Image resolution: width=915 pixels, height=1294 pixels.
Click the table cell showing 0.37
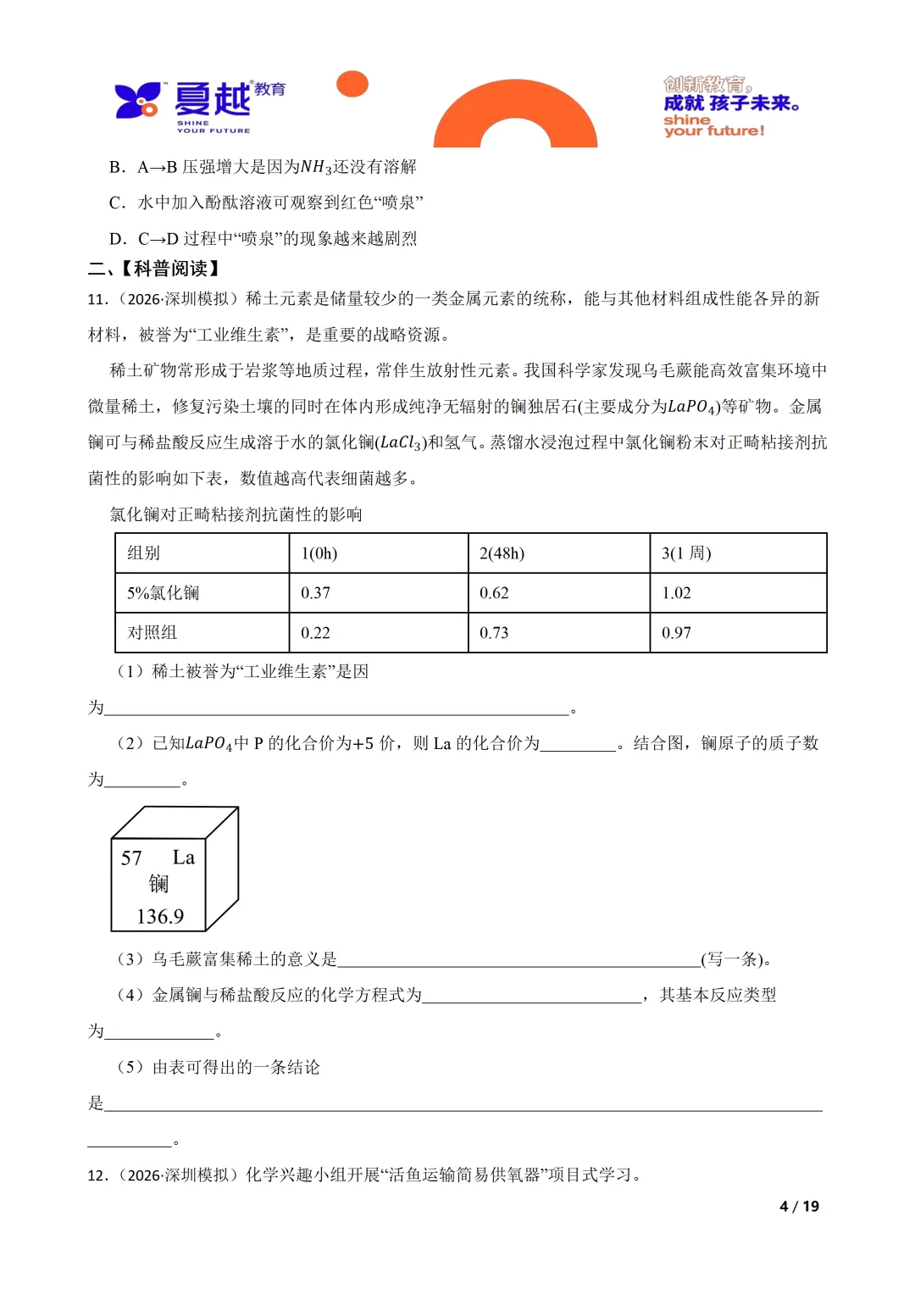[315, 593]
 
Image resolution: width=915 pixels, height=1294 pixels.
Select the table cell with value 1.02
[676, 593]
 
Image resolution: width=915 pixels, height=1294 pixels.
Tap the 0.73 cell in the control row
[494, 633]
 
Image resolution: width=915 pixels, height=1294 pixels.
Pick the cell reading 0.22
[315, 633]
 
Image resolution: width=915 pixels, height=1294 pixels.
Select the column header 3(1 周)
[686, 553]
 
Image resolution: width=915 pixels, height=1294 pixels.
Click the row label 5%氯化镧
[163, 593]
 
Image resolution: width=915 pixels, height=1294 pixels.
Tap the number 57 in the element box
[131, 858]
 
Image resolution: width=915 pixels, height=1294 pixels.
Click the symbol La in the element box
[184, 858]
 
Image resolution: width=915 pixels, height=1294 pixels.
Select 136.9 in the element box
[160, 917]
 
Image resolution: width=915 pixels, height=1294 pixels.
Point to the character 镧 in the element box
[158, 885]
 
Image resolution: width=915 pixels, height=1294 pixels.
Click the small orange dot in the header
[352, 84]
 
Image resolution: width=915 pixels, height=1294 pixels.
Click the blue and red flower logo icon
[137, 100]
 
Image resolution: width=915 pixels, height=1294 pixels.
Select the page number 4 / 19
[799, 1206]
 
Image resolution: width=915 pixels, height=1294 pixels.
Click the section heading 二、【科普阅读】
[156, 269]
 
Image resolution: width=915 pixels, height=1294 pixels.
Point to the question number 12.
[97, 1175]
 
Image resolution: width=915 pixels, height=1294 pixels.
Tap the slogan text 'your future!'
[714, 131]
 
